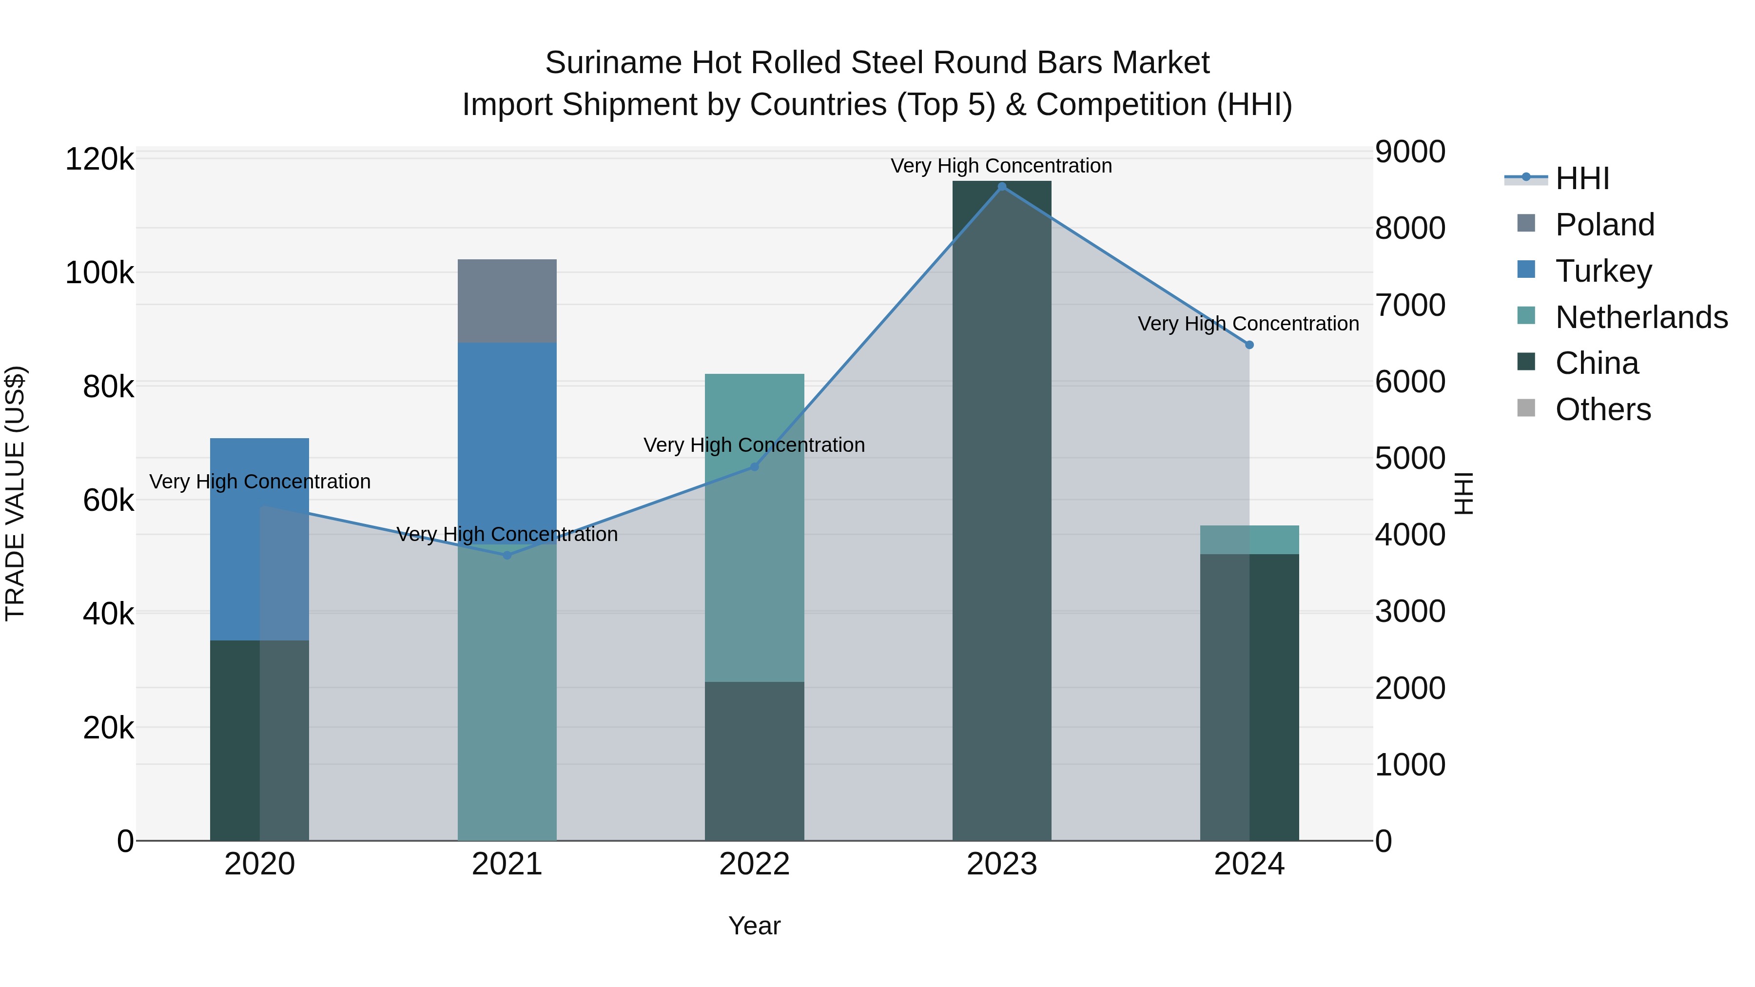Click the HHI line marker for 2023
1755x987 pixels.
coord(1001,187)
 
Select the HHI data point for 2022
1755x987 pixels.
coord(754,466)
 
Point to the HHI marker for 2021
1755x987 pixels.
coord(507,555)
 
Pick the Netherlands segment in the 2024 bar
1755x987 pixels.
coord(1249,540)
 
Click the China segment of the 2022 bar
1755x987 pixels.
coord(754,761)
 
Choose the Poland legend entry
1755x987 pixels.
coord(1604,225)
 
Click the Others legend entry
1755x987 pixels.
coord(1602,409)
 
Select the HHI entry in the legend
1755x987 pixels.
coord(1582,178)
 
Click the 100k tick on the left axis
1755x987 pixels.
coord(99,273)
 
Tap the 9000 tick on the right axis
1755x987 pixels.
coord(1409,152)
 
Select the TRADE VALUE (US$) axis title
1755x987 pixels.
coord(15,493)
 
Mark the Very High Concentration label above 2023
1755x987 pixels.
coord(1001,166)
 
